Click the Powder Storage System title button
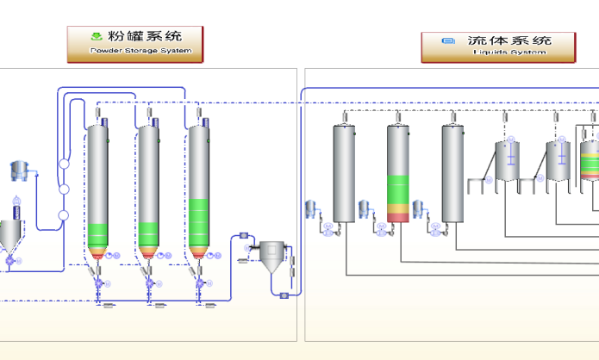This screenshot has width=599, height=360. [x=135, y=44]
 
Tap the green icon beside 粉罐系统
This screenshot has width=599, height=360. [x=97, y=36]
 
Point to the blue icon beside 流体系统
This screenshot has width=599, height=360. [x=447, y=40]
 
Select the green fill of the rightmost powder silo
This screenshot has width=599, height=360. [x=199, y=222]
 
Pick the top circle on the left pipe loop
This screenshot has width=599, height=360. [x=63, y=164]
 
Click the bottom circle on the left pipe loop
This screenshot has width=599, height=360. [x=63, y=216]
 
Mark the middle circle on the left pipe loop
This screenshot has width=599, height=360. [x=63, y=189]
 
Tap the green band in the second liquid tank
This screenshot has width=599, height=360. [x=398, y=190]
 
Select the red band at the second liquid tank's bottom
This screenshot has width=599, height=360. [x=398, y=216]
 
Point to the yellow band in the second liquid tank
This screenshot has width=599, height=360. [x=398, y=208]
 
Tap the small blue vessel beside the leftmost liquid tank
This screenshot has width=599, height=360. [x=313, y=208]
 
